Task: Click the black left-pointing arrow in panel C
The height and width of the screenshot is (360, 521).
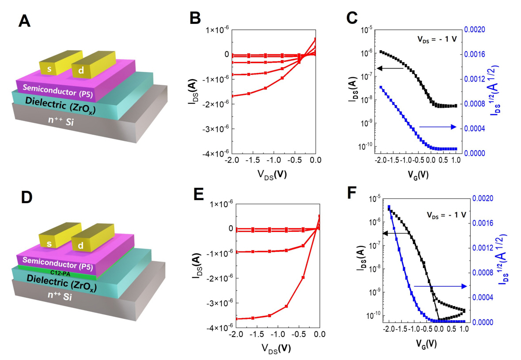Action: coord(390,68)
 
